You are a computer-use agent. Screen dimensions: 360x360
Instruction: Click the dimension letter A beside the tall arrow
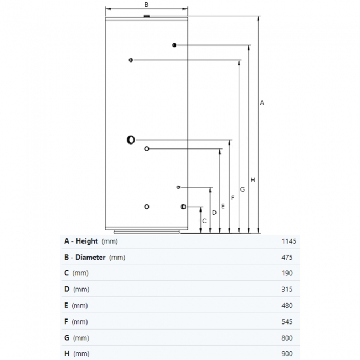262,103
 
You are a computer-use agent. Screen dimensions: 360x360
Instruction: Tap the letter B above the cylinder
146,4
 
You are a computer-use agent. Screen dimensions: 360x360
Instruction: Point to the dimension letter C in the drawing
204,221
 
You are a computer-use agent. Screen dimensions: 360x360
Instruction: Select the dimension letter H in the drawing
253,180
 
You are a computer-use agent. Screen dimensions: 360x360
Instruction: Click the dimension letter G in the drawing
243,189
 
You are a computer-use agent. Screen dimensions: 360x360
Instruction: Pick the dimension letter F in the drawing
233,198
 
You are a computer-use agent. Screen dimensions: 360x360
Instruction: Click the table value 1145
289,241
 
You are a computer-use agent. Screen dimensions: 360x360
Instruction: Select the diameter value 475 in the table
287,258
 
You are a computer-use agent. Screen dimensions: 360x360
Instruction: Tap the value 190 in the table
287,273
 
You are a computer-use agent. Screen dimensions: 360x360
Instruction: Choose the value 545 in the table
287,322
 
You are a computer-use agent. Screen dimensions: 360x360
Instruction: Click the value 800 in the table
287,338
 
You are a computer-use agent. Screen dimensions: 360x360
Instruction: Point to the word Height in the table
87,241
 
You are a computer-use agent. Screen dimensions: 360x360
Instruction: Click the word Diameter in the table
90,257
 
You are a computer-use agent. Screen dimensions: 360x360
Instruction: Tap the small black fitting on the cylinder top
147,16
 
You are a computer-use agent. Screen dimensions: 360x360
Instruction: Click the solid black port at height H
174,45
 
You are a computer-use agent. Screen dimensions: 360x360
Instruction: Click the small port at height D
178,187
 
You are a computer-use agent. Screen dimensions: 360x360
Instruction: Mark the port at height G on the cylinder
131,60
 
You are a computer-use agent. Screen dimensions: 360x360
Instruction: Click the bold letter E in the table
66,305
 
